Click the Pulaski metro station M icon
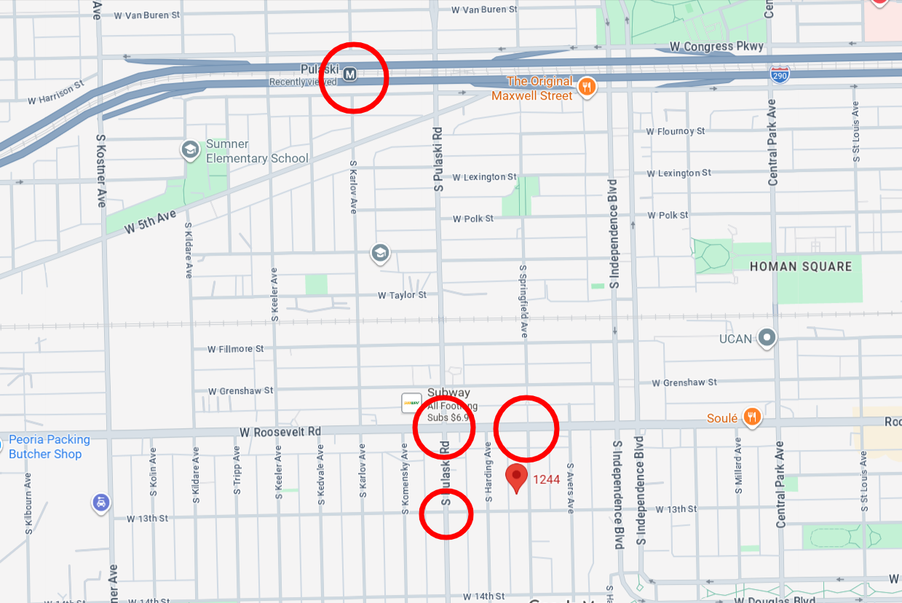(350, 74)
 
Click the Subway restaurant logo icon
(411, 403)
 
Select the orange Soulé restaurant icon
(753, 417)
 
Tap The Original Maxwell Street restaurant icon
(587, 87)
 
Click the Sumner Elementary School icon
(191, 150)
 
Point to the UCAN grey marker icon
(767, 337)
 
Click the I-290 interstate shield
(780, 74)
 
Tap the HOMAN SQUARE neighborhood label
(801, 267)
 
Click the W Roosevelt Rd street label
(280, 432)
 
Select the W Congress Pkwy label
(716, 47)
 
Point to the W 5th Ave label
(150, 222)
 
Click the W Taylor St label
(402, 295)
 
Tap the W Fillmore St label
(235, 350)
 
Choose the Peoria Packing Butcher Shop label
(50, 447)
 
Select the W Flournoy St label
(676, 132)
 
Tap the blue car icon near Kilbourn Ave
(101, 502)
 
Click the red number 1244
(546, 479)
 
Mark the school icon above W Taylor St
(380, 253)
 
